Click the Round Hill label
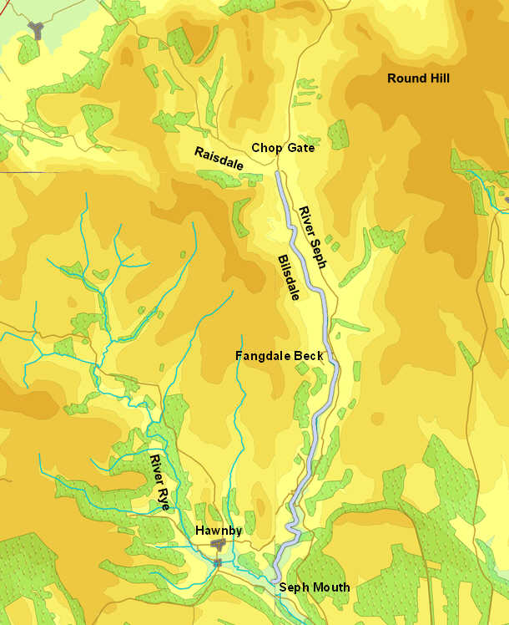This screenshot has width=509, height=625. pyautogui.click(x=418, y=79)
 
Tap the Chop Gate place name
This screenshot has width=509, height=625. pyautogui.click(x=283, y=148)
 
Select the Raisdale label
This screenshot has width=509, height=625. pyautogui.click(x=219, y=159)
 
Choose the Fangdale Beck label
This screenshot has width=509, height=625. pyautogui.click(x=279, y=356)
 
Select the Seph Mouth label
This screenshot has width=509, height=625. pyautogui.click(x=314, y=587)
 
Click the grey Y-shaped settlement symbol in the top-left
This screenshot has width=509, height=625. pyautogui.click(x=37, y=30)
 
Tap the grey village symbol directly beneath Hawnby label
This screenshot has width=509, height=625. pyautogui.click(x=219, y=545)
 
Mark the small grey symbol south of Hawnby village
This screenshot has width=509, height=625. pyautogui.click(x=217, y=563)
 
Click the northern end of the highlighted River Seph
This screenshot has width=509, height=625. pyautogui.click(x=277, y=175)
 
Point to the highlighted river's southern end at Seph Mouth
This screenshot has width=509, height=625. pyautogui.click(x=275, y=578)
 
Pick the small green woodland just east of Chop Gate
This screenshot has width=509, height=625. pyautogui.click(x=338, y=134)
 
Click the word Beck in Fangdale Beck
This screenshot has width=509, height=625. pyautogui.click(x=309, y=356)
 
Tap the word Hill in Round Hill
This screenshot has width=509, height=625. pyautogui.click(x=436, y=79)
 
